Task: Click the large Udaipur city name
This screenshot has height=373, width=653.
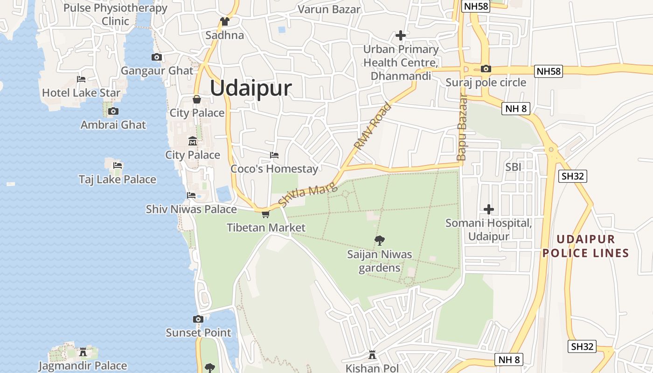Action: coord(251,89)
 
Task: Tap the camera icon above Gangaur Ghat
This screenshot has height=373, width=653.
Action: coord(157,57)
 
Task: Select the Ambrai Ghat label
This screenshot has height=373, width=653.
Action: coord(113,125)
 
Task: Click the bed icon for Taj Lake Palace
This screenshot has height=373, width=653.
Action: coord(118,166)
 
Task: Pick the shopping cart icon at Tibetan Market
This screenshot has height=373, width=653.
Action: coord(265,214)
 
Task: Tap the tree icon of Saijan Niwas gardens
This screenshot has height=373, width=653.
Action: coord(380,241)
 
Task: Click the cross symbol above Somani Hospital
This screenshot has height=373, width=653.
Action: coord(489,209)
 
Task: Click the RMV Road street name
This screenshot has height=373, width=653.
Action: coord(372,126)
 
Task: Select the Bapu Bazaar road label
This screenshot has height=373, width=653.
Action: coord(462,128)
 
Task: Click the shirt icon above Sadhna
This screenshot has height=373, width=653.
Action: coord(225,21)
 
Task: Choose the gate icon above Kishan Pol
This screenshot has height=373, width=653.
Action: coord(372,355)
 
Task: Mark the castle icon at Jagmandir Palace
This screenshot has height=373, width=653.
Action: coord(83,352)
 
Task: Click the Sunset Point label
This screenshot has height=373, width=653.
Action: coord(199,333)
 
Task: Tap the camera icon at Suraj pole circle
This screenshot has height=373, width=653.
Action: coord(486,69)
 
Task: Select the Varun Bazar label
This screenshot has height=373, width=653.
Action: coord(329,9)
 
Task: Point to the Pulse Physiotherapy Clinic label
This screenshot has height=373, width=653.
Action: coord(115,14)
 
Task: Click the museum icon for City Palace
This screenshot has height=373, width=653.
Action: coord(192,141)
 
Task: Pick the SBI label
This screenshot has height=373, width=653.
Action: coord(514,166)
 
